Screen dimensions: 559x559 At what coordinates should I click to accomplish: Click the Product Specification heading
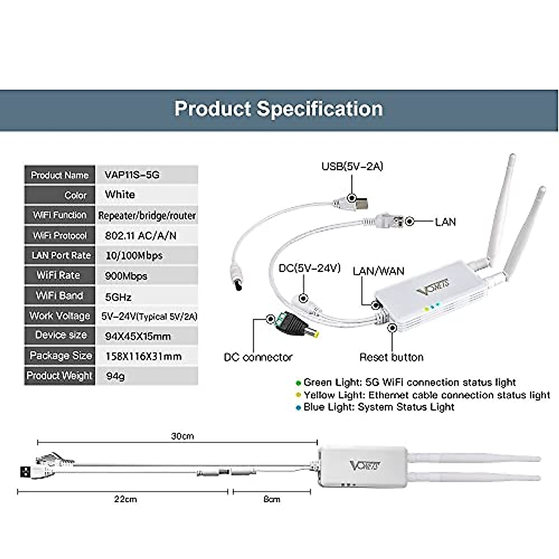pos(279,109)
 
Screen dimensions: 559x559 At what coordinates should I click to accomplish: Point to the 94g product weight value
pos(116,376)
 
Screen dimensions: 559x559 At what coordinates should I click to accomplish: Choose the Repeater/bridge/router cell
pos(147,216)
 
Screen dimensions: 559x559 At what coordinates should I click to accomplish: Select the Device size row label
pos(61,335)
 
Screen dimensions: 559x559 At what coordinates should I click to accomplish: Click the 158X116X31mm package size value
pos(143,356)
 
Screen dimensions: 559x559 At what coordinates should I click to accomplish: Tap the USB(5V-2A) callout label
pos(352,166)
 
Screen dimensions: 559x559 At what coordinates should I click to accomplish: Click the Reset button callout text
pos(391,357)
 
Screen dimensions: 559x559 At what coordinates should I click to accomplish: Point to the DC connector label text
pos(258,357)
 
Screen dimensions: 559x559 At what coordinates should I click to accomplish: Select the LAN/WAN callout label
pos(379,271)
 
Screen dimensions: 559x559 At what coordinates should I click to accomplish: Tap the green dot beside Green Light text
pos(298,383)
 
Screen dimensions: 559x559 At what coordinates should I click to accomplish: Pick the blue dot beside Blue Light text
pos(298,408)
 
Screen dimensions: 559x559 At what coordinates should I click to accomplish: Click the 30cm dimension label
pos(182,436)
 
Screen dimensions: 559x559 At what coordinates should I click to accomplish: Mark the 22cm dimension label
pos(125,499)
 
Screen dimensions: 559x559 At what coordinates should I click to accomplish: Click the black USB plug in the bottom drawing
pos(26,471)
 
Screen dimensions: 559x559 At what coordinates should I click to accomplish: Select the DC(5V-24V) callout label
pos(309,268)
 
